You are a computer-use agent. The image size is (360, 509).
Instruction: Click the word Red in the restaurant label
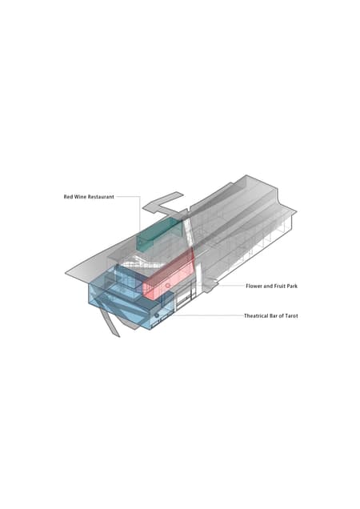tap(68, 197)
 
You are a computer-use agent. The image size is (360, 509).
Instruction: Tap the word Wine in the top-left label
tap(79, 197)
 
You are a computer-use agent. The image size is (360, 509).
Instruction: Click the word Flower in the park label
tap(254, 286)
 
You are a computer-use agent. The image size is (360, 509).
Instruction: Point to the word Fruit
tap(278, 286)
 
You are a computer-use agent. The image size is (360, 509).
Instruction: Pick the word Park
tap(292, 286)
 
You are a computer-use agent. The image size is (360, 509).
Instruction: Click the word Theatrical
tap(257, 315)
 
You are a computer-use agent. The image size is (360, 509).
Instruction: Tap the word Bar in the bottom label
tap(274, 315)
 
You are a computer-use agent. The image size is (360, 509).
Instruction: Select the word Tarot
tap(292, 315)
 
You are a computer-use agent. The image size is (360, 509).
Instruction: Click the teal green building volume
tap(159, 234)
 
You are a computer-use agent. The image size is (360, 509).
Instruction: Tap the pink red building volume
tap(169, 276)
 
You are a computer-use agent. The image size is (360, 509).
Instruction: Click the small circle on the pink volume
tap(168, 286)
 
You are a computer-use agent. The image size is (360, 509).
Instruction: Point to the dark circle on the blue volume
tap(157, 315)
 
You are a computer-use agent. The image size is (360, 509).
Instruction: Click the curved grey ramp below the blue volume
tap(110, 323)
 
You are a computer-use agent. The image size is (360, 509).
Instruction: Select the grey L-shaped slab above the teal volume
tap(164, 205)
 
